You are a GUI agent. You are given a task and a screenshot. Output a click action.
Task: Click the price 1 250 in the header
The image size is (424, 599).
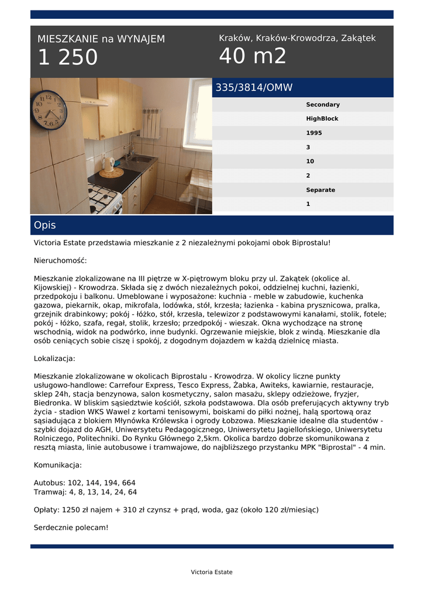coord(68,58)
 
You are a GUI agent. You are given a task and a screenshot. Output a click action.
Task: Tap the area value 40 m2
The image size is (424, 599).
coord(253,56)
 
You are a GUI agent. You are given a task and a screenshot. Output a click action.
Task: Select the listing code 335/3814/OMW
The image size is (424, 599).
coord(254,88)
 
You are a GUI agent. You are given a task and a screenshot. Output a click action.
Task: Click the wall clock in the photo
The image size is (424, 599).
coord(49,109)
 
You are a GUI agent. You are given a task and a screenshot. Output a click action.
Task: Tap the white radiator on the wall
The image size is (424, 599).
coord(150,122)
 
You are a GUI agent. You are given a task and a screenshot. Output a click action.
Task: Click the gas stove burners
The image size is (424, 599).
coord(104,199)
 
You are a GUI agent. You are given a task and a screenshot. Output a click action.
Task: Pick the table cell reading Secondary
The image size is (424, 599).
coord(322,105)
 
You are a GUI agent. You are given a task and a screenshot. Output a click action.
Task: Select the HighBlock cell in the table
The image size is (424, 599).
coord(322,119)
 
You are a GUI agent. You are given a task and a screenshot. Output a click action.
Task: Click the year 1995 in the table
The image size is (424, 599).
coord(313,133)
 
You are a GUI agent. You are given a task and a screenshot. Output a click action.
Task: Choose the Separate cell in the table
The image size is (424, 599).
coord(320,190)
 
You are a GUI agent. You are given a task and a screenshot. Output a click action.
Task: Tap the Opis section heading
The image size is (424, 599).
coord(45,225)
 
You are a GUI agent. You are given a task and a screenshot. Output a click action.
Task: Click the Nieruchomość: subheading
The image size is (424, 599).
coord(60,260)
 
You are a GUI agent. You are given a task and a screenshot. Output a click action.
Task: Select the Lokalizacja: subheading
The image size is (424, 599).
coord(54,358)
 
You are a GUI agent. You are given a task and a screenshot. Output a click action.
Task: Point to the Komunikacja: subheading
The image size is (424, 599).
coord(58,465)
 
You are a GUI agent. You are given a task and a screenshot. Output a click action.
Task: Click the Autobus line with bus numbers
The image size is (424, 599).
coord(85,483)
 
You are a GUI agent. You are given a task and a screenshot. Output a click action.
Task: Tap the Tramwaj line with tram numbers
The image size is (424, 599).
coord(85,492)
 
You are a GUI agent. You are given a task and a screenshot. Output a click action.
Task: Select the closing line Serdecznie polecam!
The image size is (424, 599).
coord(71,528)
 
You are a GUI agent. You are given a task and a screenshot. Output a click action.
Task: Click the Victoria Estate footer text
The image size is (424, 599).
coord(211,572)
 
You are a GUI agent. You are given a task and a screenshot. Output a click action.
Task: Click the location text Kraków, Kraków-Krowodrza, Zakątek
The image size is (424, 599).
coord(297,38)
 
